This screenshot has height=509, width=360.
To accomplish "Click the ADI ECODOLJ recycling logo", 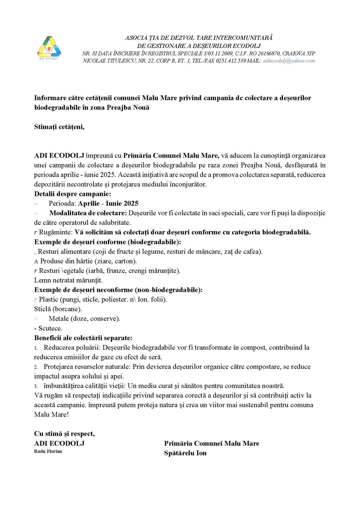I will tap(49, 48).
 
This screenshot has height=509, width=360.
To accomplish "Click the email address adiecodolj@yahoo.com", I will tap(289, 61).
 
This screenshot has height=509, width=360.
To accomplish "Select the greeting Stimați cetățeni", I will tap(59, 127).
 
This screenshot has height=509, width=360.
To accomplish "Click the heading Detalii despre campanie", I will tap(72, 194).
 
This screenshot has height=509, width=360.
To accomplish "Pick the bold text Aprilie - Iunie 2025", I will tap(108, 203).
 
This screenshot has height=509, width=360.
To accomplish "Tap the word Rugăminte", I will tap(56, 232).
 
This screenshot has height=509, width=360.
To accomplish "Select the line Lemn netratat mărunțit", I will tap(68, 280).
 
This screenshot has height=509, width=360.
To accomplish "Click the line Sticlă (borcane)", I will tap(58, 309).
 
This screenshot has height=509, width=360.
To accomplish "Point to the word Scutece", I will tap(50, 328).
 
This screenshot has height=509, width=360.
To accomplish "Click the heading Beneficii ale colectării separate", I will tap(83, 338).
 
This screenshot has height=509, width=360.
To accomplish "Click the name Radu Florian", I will tap(48, 451).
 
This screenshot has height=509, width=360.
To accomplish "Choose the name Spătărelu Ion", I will tap(185, 453).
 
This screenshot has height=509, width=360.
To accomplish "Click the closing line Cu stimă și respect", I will tap(64, 434).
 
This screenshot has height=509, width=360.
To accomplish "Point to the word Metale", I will tap(59, 319).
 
